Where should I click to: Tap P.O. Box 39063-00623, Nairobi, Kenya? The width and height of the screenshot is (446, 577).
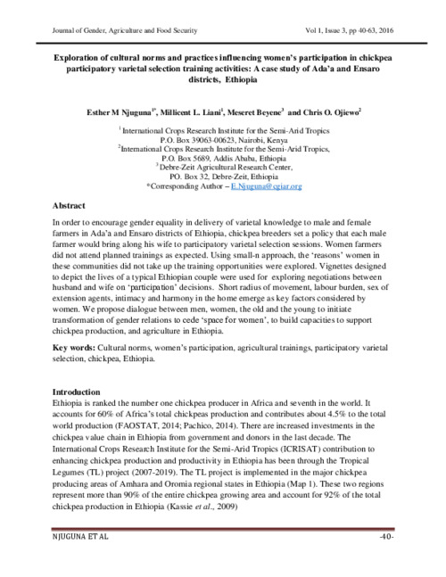(222, 141)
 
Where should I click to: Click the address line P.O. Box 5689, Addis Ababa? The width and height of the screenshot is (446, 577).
(222, 159)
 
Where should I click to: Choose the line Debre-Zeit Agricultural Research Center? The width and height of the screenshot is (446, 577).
(224, 168)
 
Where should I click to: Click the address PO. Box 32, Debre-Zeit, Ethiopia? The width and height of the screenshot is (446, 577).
(222, 177)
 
